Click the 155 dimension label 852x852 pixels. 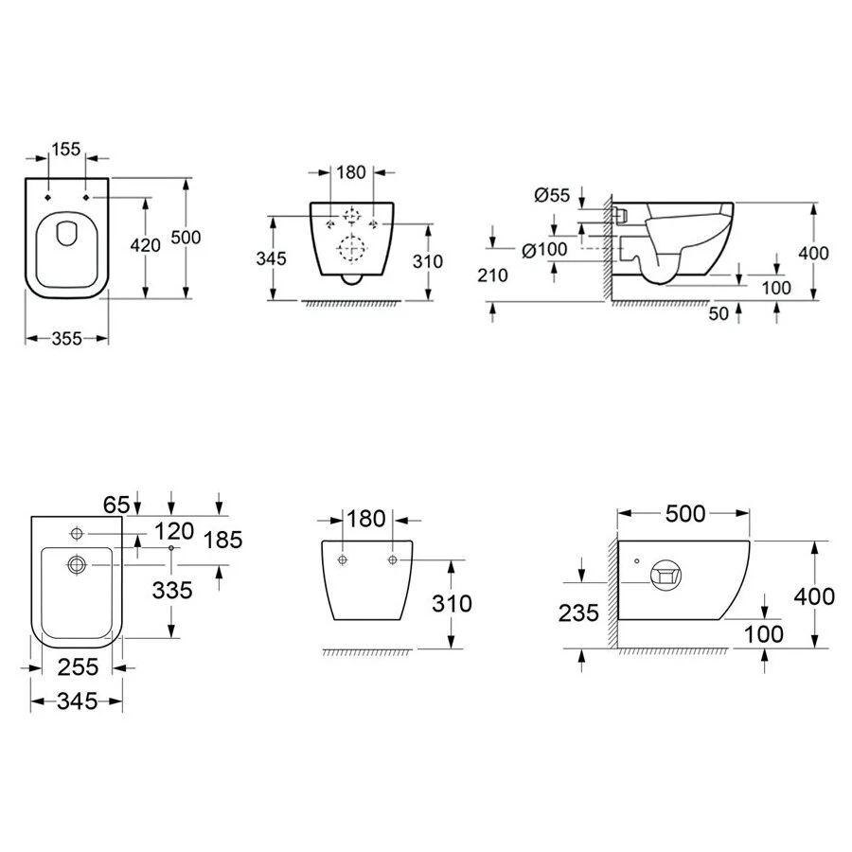66,149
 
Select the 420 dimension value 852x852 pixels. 145,245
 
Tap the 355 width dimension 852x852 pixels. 66,339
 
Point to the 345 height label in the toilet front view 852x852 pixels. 271,258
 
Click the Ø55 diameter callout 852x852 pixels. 552,194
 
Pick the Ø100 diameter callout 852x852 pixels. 544,250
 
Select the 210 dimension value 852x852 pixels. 492,275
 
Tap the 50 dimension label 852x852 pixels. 719,313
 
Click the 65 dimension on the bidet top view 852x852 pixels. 116,505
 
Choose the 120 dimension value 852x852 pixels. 174,531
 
